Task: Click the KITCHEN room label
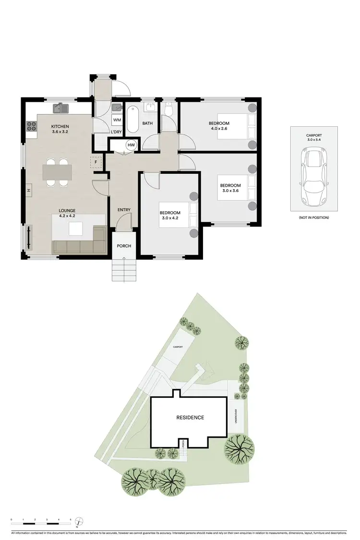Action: click(60, 127)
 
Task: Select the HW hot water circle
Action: click(131, 145)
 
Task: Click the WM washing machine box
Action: click(117, 120)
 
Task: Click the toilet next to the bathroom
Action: click(168, 110)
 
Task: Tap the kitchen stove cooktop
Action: click(32, 127)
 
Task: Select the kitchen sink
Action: click(61, 108)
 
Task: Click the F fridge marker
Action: click(96, 162)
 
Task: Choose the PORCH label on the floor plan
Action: click(124, 246)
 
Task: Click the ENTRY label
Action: click(124, 210)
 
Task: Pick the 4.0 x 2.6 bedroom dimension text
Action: click(219, 129)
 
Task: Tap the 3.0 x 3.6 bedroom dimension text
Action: click(230, 191)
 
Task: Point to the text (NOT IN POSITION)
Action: click(313, 217)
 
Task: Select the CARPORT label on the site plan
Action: click(178, 347)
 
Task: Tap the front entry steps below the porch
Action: click(124, 269)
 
